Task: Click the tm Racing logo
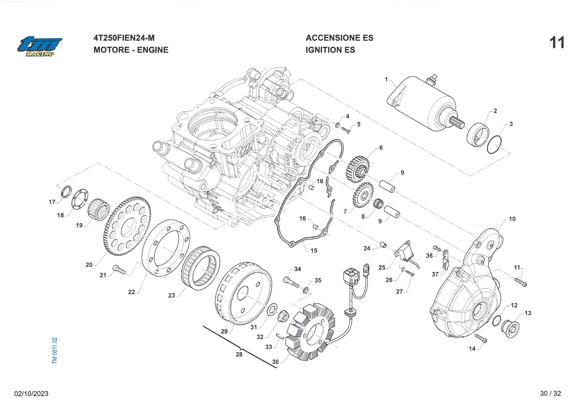pyautogui.click(x=39, y=46)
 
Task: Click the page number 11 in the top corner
pyautogui.click(x=557, y=43)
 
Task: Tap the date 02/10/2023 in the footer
pyautogui.click(x=31, y=393)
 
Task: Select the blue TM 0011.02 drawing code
pyautogui.click(x=55, y=350)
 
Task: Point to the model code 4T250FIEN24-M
pyautogui.click(x=124, y=38)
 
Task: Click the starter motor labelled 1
pyautogui.click(x=423, y=104)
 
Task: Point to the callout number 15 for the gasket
pyautogui.click(x=314, y=251)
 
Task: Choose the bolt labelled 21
pyautogui.click(x=119, y=270)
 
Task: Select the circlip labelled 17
pyautogui.click(x=67, y=192)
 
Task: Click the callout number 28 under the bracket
pyautogui.click(x=239, y=355)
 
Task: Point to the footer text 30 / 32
pyautogui.click(x=550, y=393)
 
